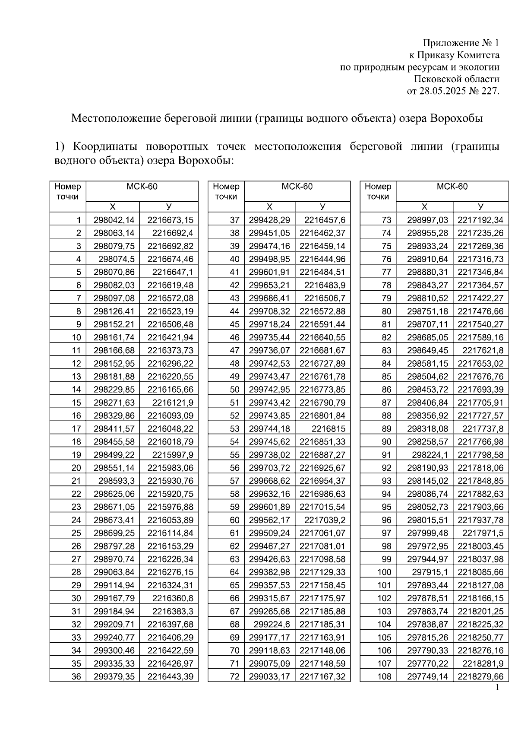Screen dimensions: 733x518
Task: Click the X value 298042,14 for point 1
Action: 114,220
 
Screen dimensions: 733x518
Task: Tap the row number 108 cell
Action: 384,676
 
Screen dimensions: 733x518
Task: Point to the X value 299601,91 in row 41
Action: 269,272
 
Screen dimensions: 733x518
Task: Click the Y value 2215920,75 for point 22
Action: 171,494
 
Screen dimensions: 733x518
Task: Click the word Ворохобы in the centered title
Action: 456,118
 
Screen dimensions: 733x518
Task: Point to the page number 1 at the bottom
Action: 497,687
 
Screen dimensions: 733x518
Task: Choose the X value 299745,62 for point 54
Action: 269,442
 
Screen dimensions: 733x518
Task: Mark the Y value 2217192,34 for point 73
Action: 480,220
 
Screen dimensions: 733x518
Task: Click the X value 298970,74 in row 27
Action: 114,559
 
